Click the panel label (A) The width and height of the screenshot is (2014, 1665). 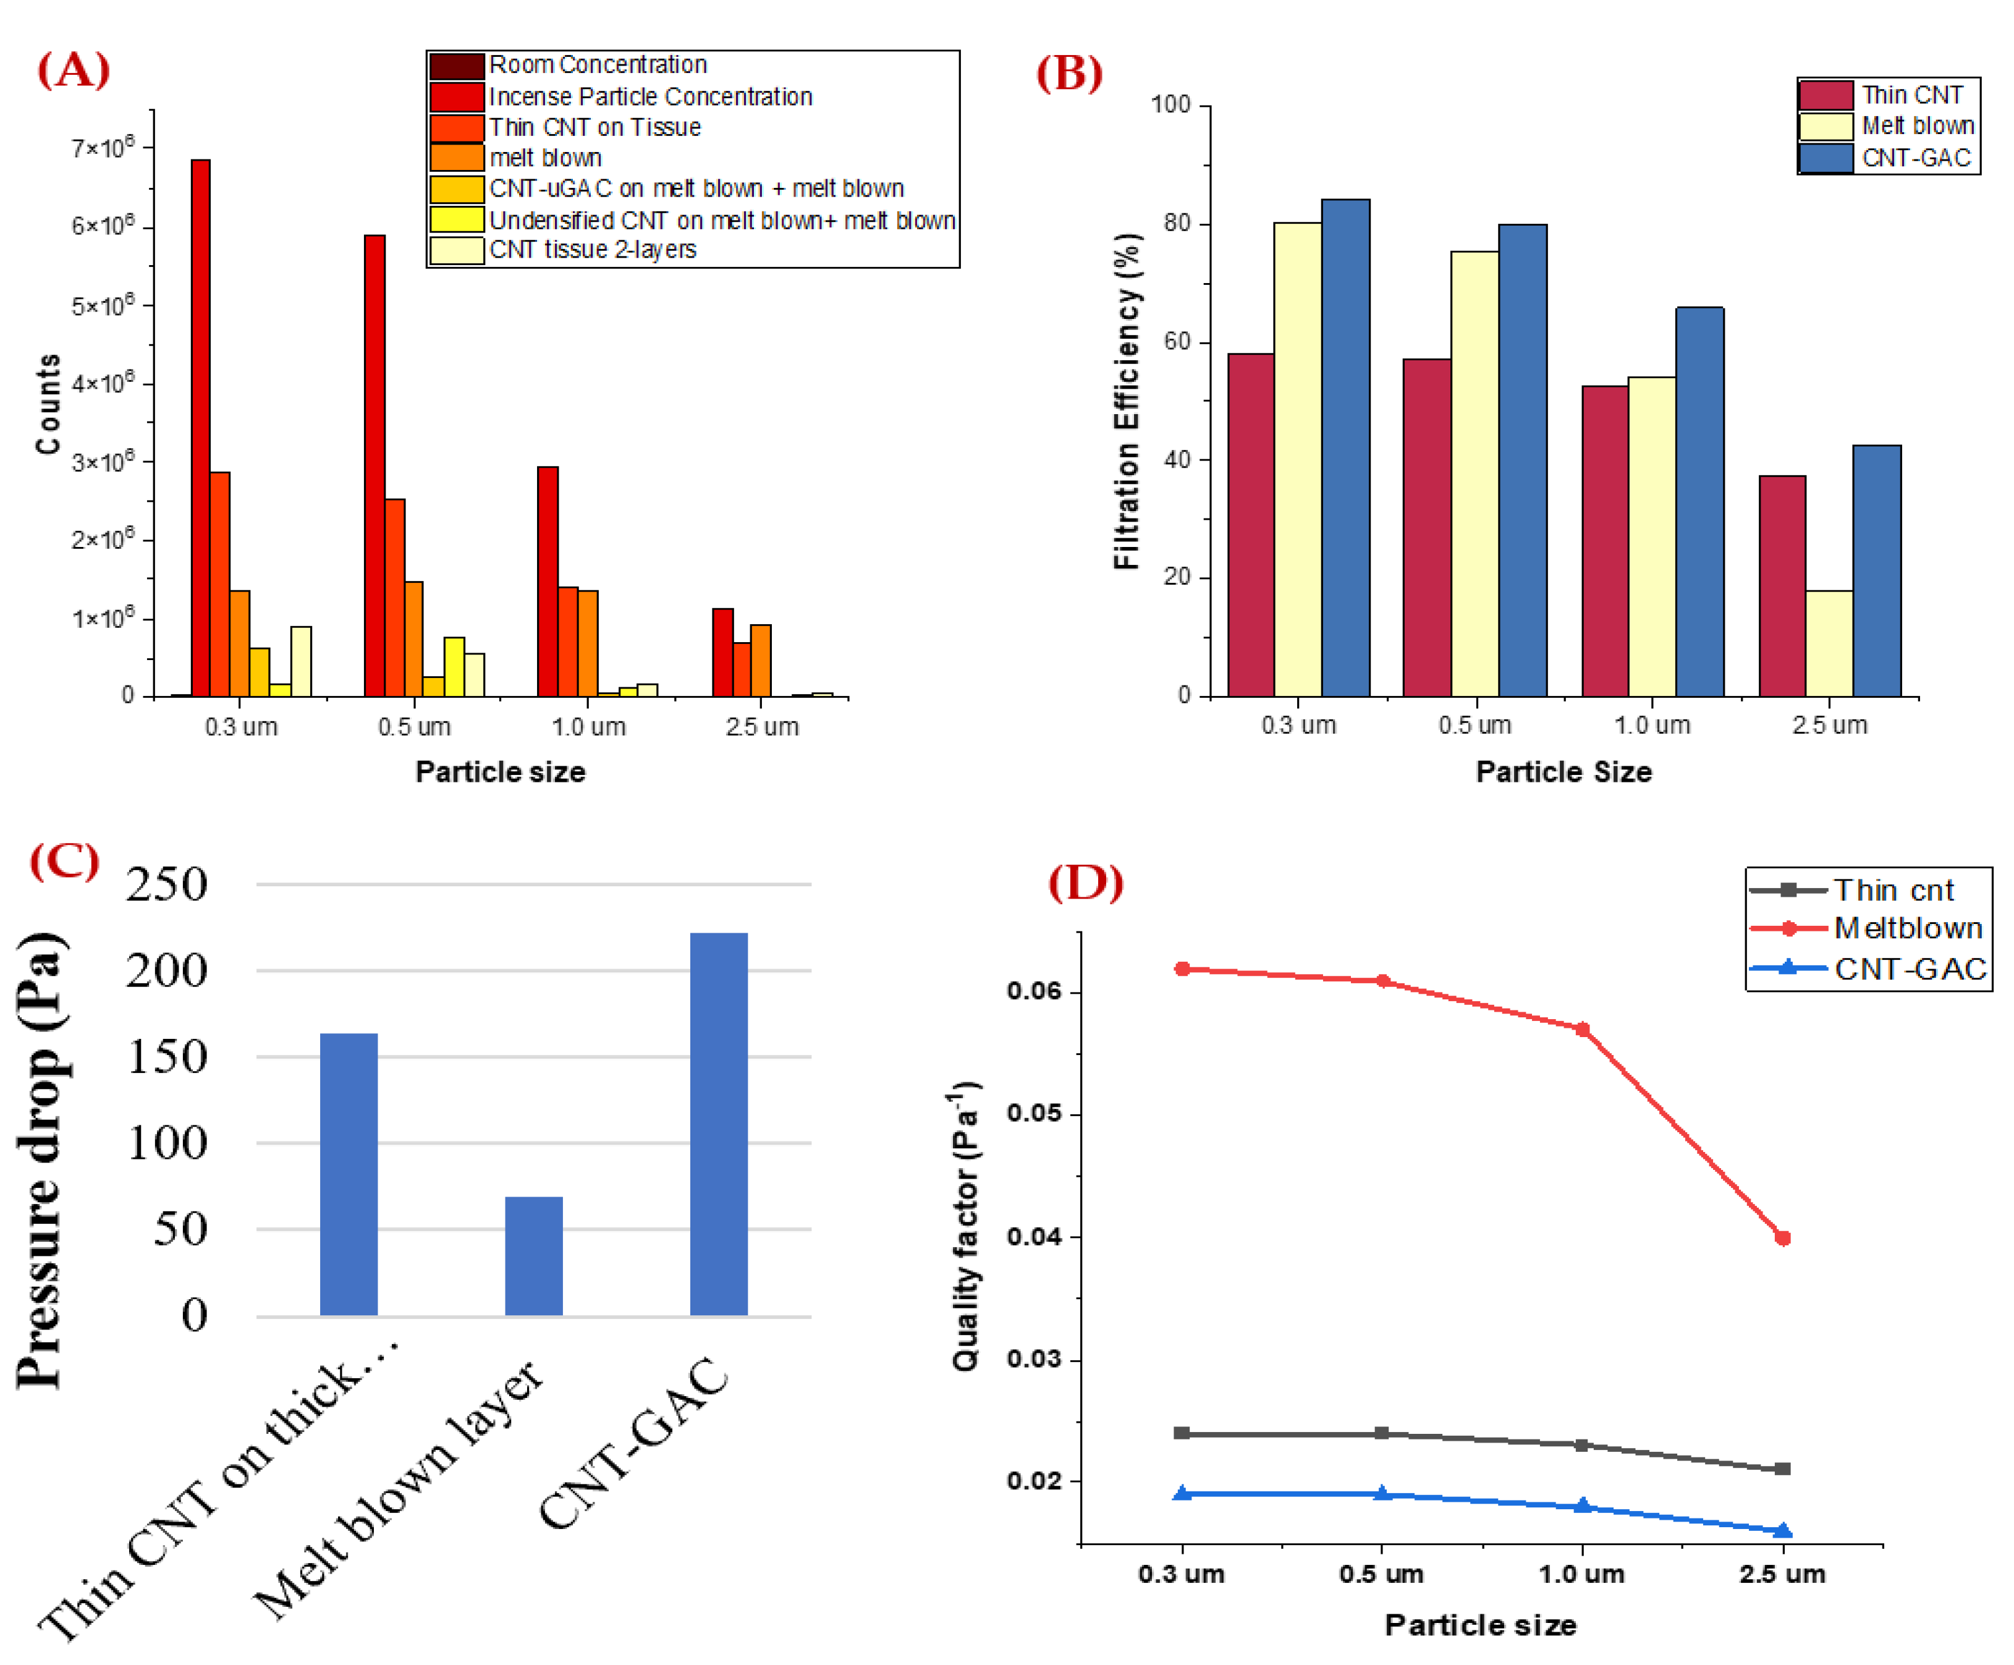coord(73,70)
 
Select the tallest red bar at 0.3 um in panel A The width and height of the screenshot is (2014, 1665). coord(200,427)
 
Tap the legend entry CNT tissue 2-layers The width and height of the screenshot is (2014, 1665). coord(592,249)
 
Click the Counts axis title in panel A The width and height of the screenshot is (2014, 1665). coord(48,403)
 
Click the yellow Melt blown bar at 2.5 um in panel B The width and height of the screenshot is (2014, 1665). coord(1828,643)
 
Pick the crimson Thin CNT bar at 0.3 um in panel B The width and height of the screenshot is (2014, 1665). coord(1251,525)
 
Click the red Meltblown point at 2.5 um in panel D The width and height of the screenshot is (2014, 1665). coord(1782,1238)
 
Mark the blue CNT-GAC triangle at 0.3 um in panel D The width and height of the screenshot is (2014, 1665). coord(1182,1493)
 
